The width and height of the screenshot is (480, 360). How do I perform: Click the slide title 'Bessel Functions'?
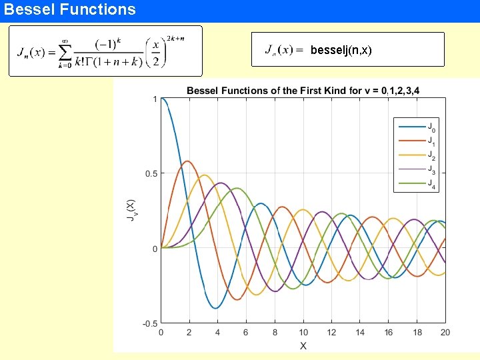click(69, 9)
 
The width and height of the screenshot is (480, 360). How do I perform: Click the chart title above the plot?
click(303, 91)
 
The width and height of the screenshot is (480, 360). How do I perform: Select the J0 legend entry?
click(431, 127)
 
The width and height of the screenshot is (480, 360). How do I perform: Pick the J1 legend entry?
click(431, 141)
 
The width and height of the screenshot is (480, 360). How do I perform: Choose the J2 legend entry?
click(431, 155)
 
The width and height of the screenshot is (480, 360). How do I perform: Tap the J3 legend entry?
click(431, 169)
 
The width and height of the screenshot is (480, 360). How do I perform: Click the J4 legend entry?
click(431, 183)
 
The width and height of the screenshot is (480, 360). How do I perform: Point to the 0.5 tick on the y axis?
click(151, 174)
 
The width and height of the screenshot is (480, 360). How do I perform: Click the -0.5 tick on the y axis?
click(149, 324)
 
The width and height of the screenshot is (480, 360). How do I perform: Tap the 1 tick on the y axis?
click(155, 99)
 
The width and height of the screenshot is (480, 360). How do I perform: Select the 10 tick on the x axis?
click(303, 333)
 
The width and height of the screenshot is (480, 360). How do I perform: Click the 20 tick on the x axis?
click(445, 333)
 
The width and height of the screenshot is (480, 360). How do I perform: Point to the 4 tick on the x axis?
click(218, 333)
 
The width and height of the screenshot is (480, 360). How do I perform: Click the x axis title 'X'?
click(303, 345)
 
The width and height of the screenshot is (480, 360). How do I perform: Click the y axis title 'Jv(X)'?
click(131, 211)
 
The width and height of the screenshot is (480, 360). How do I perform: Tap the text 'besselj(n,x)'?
click(341, 50)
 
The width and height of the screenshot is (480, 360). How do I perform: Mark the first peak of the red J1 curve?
click(188, 161)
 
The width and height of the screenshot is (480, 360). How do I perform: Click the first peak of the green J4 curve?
click(237, 189)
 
